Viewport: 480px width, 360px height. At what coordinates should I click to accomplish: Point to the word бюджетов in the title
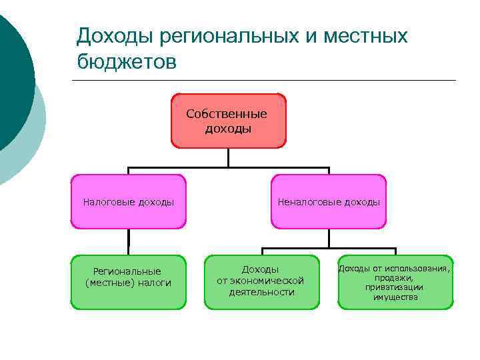pos(127,62)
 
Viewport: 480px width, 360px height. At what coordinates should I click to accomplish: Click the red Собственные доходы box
pos(229,120)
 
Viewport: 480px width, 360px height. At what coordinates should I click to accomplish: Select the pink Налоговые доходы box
pos(129,201)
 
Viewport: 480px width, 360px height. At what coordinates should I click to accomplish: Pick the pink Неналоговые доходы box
pos(329,201)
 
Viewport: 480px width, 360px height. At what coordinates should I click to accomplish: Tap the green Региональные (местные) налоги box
pos(129,282)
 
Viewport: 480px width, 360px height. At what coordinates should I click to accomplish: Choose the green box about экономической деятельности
pos(261,282)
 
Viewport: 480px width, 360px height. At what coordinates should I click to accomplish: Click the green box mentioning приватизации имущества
pos(395,282)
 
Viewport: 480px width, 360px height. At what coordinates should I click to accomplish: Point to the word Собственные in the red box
pos(227,114)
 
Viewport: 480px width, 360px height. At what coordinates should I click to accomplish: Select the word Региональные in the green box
pos(127,271)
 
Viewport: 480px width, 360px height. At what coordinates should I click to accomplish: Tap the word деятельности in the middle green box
pos(261,292)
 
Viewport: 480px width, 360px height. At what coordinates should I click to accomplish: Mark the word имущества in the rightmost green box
pos(395,297)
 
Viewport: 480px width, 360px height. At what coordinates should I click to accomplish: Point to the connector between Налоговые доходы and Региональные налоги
pos(129,242)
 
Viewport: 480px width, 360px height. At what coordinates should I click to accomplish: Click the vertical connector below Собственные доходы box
pos(228,157)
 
